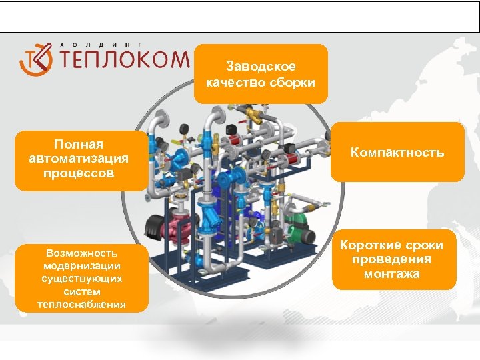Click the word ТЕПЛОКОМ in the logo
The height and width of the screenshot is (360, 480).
click(125, 60)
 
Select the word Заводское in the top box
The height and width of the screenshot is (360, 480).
click(261, 67)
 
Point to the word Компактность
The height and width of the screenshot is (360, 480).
click(397, 153)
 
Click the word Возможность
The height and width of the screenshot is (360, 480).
click(82, 253)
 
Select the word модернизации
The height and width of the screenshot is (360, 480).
click(82, 265)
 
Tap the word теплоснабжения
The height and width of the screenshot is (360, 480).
click(82, 305)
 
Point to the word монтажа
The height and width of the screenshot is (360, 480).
click(392, 273)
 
